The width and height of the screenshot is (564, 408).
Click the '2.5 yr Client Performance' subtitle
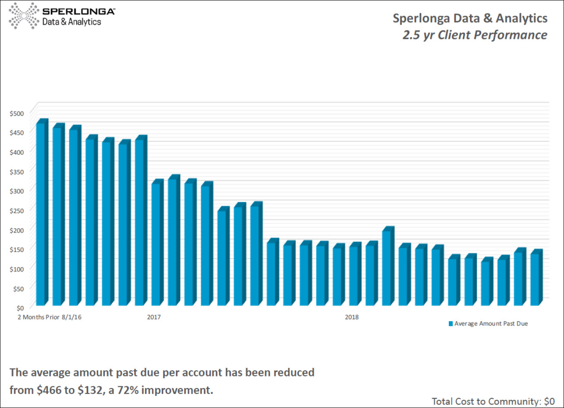point(475,35)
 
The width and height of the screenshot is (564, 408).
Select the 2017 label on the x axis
point(154,317)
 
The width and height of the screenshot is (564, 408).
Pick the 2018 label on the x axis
point(352,317)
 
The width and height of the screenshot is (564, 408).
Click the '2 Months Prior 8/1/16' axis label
point(50,317)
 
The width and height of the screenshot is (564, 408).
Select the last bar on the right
point(535,279)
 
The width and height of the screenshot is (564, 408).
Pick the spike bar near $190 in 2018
point(387,268)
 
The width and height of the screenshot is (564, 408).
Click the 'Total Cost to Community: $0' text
point(493,401)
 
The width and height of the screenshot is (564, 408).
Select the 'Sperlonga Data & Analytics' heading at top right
point(470,19)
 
